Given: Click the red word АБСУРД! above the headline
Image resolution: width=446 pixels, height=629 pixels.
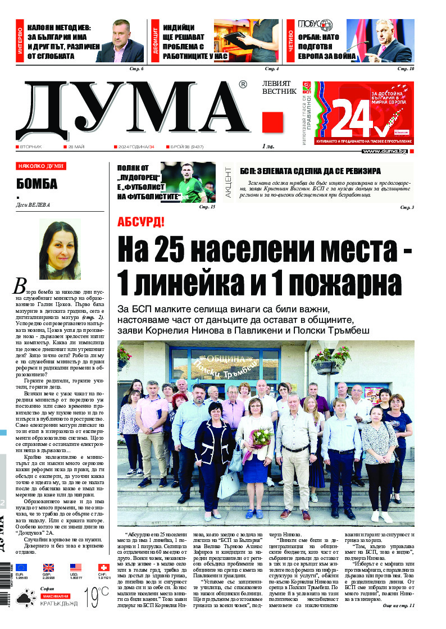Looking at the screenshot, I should pyautogui.click(x=140, y=221).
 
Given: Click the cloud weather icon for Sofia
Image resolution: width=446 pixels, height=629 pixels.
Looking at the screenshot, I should pyautogui.click(x=24, y=599).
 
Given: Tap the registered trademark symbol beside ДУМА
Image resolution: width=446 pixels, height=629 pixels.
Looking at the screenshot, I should pyautogui.click(x=243, y=85).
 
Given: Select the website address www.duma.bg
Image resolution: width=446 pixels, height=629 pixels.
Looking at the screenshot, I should pyautogui.click(x=384, y=151).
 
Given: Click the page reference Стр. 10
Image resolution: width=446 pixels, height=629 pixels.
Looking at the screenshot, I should pyautogui.click(x=406, y=69).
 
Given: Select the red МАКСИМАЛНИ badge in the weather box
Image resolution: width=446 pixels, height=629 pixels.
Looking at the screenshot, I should pyautogui.click(x=55, y=595).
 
